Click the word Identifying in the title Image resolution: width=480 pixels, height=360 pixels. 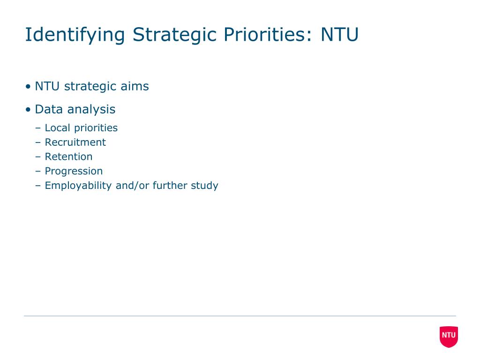pos(75,35)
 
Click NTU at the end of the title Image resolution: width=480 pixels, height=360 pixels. pos(339,34)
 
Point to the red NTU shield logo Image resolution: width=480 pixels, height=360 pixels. pos(449,337)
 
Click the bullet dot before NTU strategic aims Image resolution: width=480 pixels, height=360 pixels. pos(28,87)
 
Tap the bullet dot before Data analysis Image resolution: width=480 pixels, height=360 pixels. pos(28,109)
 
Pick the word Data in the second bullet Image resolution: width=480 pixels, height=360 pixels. pos(49,109)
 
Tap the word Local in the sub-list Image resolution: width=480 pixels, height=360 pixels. pos(58,127)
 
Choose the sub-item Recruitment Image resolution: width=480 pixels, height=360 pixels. pos(75,142)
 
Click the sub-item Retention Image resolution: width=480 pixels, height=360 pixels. pos(68,157)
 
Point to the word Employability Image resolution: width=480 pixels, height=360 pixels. pos(78,186)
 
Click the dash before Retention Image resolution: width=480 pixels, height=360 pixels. pos(38,157)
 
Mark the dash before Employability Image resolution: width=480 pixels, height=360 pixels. pos(38,186)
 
